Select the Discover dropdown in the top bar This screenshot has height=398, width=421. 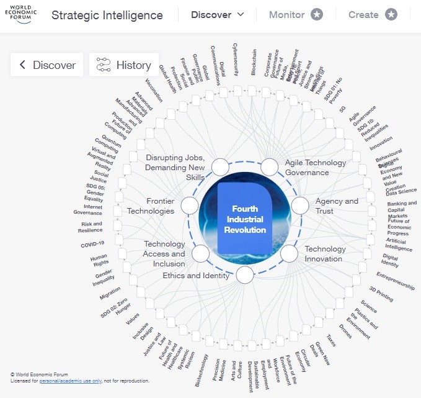(x=218, y=15)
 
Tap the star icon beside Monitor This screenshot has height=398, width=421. (x=316, y=15)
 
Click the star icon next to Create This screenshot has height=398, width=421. (x=391, y=15)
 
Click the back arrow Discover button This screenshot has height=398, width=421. (x=47, y=65)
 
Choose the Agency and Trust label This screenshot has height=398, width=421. (x=337, y=206)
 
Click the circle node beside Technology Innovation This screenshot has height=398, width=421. (x=289, y=253)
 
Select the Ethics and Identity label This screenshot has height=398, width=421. (x=196, y=276)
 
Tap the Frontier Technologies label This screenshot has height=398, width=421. (x=151, y=206)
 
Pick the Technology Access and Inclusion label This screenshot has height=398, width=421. (x=164, y=254)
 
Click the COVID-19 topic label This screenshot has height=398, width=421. (x=92, y=244)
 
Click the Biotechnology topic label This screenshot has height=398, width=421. (x=202, y=371)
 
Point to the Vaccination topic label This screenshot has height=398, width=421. (x=154, y=91)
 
